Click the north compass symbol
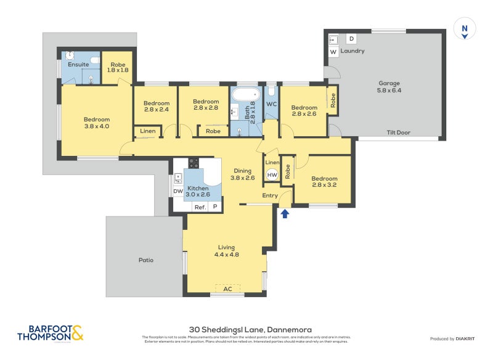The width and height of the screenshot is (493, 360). pos(465,29)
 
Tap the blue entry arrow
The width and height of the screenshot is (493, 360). pos(285,214)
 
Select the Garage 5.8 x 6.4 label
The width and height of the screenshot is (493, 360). pos(389,87)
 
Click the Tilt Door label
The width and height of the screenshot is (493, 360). pos(398,133)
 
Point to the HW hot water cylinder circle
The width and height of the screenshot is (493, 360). pos(272,175)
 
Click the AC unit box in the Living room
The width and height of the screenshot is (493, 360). pos(227,288)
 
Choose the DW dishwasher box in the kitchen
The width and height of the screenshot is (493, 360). pos(177,192)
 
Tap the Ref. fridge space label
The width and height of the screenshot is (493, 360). pos(200,207)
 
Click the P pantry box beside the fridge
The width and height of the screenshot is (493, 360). pos(215,207)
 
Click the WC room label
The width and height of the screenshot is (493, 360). pos(271,104)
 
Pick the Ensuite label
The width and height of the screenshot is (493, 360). pos(78,63)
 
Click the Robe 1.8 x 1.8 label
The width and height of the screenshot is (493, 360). pos(117,67)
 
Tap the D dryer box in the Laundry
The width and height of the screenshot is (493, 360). pos(351,39)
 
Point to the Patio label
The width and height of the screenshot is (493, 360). pos(145,260)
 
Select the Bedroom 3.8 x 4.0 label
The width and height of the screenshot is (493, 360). pos(97,123)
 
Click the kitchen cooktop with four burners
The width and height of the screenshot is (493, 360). pos(194,163)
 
